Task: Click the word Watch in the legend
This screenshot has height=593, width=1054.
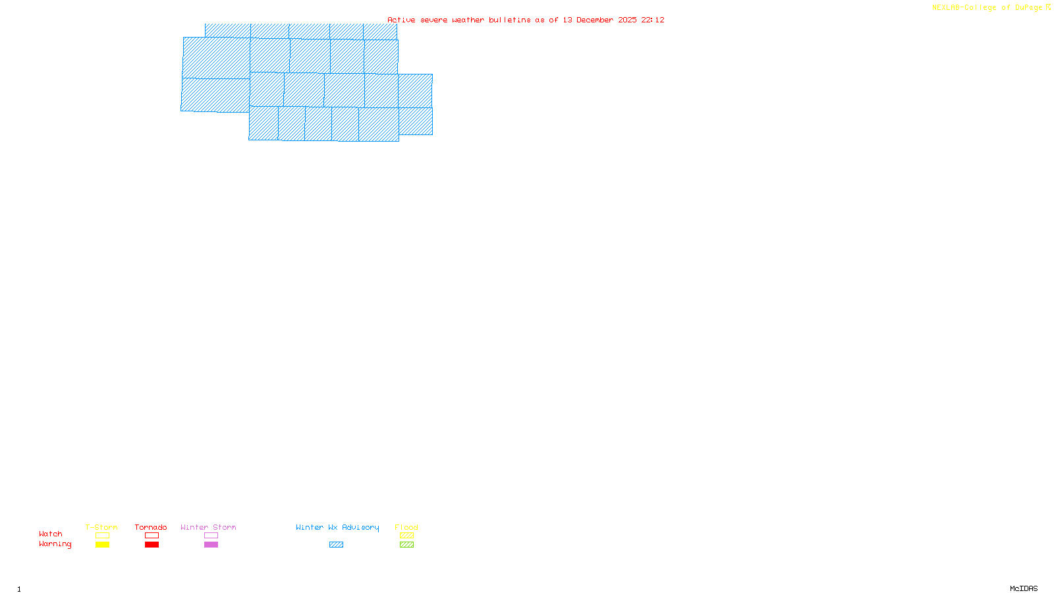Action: (x=51, y=534)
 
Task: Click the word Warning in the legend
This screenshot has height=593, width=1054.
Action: (x=55, y=544)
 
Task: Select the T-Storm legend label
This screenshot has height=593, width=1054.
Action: (x=101, y=527)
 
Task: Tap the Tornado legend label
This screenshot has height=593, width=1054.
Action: (x=151, y=527)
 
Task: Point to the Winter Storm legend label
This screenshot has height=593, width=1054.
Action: (x=208, y=527)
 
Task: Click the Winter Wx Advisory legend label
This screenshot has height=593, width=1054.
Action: (x=337, y=527)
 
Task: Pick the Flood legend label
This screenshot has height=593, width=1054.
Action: (x=406, y=527)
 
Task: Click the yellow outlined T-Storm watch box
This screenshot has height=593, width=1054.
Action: (x=102, y=536)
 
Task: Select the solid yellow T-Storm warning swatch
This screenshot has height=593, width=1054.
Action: (x=102, y=545)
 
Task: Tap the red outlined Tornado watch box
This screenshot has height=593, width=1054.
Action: (x=152, y=536)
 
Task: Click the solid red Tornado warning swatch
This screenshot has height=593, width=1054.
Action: (x=152, y=545)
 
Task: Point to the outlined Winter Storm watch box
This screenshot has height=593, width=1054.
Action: (x=211, y=536)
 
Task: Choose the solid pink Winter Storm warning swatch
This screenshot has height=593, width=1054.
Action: (x=211, y=545)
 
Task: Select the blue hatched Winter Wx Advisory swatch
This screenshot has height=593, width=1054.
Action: (x=336, y=545)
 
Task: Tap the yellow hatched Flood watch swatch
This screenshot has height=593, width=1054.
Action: (x=406, y=536)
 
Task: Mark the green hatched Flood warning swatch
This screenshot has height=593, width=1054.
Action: (x=406, y=545)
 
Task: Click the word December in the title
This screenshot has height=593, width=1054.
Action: (x=595, y=20)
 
